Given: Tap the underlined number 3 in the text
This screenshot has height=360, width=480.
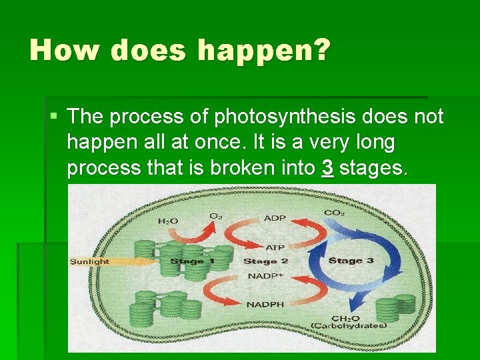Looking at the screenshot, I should (327, 168).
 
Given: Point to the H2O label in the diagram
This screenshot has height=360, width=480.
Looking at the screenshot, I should (167, 221).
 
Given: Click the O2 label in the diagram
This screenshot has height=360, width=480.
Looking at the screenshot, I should (215, 216).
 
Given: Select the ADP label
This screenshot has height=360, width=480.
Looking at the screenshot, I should (275, 217).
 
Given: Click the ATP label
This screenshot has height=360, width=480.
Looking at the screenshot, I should (275, 247).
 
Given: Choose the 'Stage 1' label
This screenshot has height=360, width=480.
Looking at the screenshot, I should (192, 261).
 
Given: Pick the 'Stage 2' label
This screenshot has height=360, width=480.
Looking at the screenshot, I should (265, 261).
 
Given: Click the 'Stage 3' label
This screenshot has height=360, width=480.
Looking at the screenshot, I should (351, 260).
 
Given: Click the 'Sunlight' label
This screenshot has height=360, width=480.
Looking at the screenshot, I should (89, 261).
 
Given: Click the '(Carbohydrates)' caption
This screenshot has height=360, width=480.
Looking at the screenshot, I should (348, 325).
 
